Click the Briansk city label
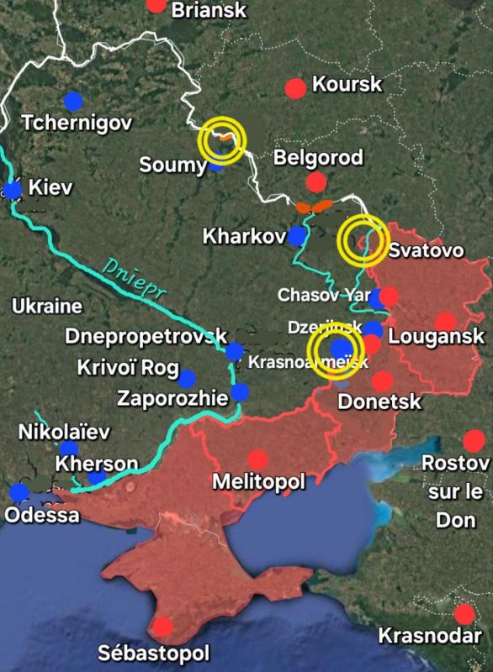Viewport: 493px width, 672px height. click(x=209, y=10)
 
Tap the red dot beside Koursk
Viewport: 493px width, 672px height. click(x=295, y=87)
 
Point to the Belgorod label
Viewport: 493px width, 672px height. click(x=319, y=157)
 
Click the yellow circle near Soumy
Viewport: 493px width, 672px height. click(x=222, y=139)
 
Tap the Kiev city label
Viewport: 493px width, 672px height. click(x=50, y=187)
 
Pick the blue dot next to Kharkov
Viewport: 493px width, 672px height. click(x=296, y=236)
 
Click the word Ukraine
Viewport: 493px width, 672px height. click(x=46, y=307)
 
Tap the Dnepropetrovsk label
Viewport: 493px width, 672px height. click(x=147, y=337)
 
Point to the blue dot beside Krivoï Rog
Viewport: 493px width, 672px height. click(x=186, y=379)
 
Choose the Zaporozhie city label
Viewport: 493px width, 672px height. click(x=172, y=397)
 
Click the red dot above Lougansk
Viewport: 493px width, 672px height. click(x=445, y=322)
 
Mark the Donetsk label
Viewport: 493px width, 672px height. click(x=379, y=402)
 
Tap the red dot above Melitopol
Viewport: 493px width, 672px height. click(x=257, y=459)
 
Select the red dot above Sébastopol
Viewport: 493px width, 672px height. click(x=163, y=626)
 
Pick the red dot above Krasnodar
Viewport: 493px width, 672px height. click(x=463, y=613)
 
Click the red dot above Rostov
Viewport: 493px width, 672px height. click(x=474, y=440)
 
